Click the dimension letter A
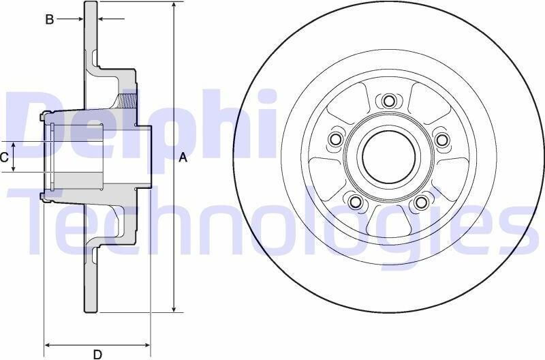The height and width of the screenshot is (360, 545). [x=183, y=158]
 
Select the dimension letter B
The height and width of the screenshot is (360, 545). [x=50, y=20]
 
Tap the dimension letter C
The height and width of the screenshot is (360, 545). [x=4, y=157]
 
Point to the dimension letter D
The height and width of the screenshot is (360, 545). [x=97, y=355]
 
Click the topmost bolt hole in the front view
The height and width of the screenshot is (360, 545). [x=389, y=101]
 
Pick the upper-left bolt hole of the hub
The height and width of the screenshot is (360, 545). [x=336, y=140]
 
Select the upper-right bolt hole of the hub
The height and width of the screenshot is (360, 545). [x=441, y=140]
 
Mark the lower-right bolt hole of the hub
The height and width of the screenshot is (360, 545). [x=422, y=201]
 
